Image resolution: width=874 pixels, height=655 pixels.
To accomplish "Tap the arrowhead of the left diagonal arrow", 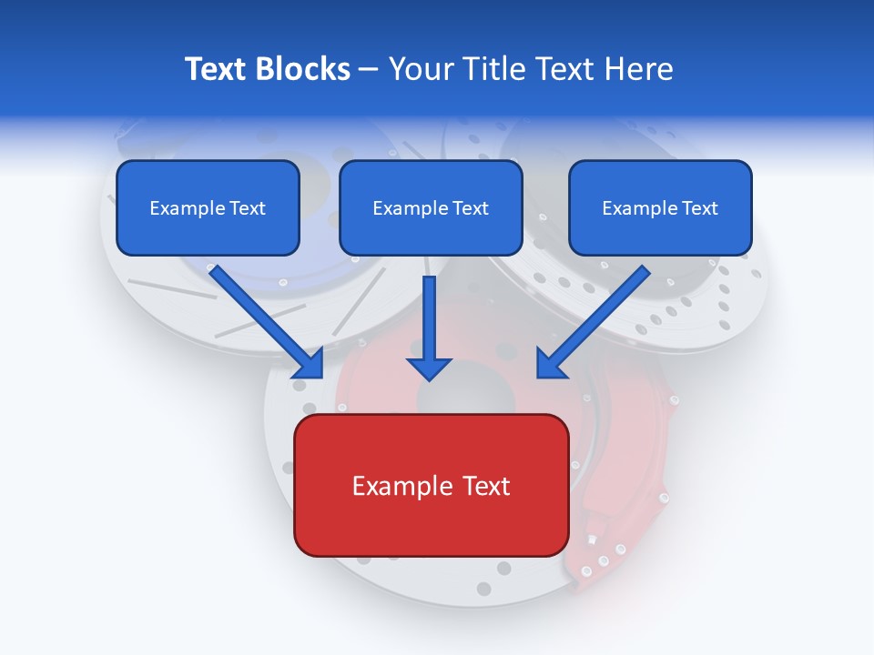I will pos(310,364).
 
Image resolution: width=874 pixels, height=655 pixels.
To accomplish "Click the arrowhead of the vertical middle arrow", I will pos(429,368).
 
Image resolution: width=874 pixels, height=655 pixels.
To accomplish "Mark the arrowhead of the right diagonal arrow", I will pos(551,364).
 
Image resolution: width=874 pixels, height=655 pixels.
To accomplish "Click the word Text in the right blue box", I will pos(699,208).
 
